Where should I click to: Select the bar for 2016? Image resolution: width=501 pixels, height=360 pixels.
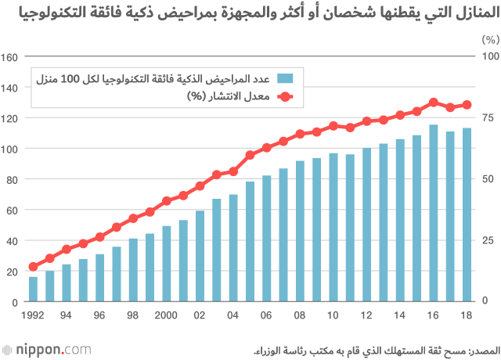[x=434, y=213]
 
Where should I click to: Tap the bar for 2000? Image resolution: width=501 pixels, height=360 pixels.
[x=167, y=264]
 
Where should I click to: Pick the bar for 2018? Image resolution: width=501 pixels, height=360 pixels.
[x=467, y=214]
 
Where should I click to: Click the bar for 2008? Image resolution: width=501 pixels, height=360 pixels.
[x=300, y=231]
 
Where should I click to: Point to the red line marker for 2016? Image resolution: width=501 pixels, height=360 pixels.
[x=434, y=103]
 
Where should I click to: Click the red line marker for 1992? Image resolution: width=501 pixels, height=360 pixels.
[x=33, y=267]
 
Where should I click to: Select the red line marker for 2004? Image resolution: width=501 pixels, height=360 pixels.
[x=233, y=171]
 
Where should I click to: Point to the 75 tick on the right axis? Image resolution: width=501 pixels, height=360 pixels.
[x=488, y=118]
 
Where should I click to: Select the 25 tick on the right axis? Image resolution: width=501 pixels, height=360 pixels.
[x=488, y=240]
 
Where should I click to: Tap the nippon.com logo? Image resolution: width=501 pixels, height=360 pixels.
[x=47, y=347]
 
